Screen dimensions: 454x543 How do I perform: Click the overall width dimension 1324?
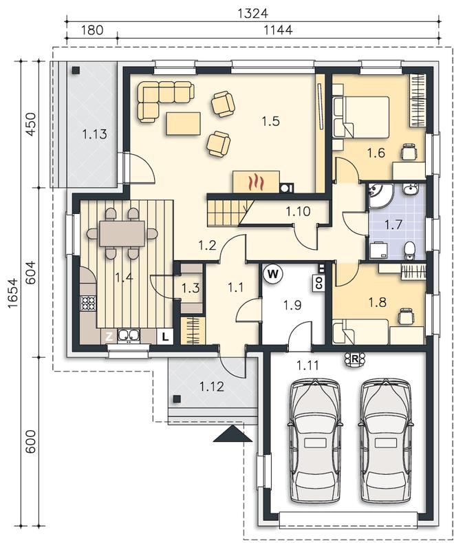point(253,13)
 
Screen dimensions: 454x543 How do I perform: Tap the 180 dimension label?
point(92,30)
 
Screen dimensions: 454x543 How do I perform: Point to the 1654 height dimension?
point(13,293)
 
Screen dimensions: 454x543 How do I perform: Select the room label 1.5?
point(270,122)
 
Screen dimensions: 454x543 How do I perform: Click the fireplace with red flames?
point(256,182)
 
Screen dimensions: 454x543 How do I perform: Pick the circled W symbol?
point(273,274)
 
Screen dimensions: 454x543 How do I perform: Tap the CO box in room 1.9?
point(318,283)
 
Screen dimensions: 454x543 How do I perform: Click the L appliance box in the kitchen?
point(165,337)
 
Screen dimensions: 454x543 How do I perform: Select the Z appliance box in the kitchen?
point(109,337)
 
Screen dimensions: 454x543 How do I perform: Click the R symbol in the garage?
point(355,359)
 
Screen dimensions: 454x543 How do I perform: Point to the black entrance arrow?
point(233,433)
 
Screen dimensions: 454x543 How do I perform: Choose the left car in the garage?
point(314,441)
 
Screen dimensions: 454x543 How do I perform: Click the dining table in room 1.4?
point(122,234)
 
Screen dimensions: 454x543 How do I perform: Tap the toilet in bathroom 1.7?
point(410,250)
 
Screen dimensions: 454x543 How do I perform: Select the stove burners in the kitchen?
point(88,304)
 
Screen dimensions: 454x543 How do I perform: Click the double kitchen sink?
point(129,336)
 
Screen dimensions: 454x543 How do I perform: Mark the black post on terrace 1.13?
point(76,71)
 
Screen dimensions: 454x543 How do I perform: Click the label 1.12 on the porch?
point(212,386)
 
